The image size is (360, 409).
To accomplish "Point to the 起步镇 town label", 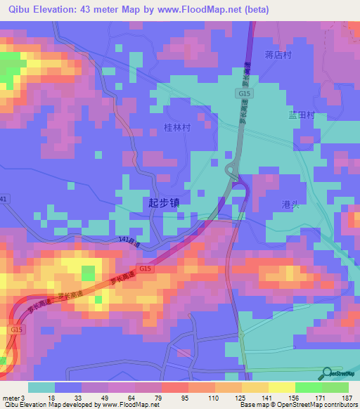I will [x=163, y=202].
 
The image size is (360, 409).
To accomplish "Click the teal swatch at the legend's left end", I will [x=41, y=387].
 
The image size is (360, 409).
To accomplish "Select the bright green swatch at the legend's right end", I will [x=335, y=387].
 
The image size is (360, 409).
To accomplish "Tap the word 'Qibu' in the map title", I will [x=21, y=10].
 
